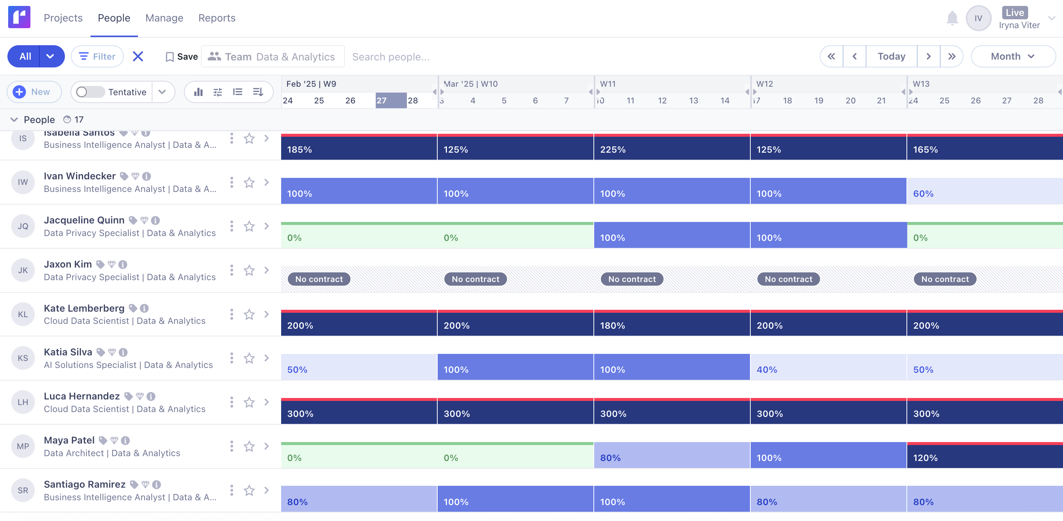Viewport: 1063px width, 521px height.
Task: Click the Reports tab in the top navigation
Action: (217, 18)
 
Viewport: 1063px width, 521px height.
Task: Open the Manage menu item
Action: (164, 18)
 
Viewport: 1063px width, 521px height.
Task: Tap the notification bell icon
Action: (952, 18)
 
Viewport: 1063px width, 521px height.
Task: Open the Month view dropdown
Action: (1013, 56)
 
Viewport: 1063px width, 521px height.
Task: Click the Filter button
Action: (98, 56)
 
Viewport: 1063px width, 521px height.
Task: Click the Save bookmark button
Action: (182, 56)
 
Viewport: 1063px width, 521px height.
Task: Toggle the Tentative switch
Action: (90, 92)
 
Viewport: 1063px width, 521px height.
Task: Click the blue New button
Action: (34, 92)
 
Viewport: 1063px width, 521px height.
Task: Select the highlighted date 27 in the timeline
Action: (390, 100)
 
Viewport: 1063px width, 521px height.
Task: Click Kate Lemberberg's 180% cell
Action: (671, 323)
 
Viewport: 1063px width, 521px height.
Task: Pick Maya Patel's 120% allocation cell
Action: (984, 456)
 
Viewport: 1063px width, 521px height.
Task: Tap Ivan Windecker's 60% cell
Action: (984, 192)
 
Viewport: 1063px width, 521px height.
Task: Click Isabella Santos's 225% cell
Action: (671, 147)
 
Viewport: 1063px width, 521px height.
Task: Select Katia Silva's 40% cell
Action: (828, 368)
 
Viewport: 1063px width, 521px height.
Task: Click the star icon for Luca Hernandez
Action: (249, 402)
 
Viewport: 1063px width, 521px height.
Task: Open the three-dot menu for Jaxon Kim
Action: (231, 271)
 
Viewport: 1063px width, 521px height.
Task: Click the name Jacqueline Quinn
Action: (84, 220)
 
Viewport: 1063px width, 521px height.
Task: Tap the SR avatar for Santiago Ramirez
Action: (23, 491)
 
